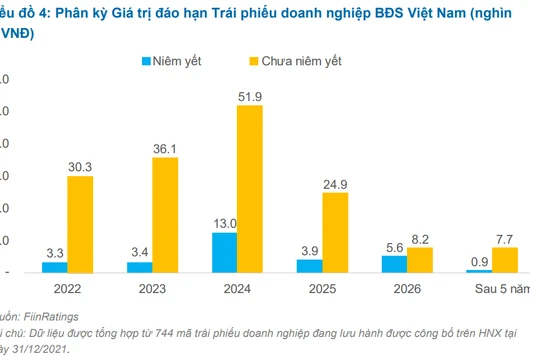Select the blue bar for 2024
[225, 252]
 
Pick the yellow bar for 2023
[165, 214]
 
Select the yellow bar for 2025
[335, 232]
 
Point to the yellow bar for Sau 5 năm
[505, 260]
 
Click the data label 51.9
[250, 95]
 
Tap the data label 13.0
[225, 222]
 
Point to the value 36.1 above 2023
[165, 148]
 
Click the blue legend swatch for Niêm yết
[147, 61]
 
